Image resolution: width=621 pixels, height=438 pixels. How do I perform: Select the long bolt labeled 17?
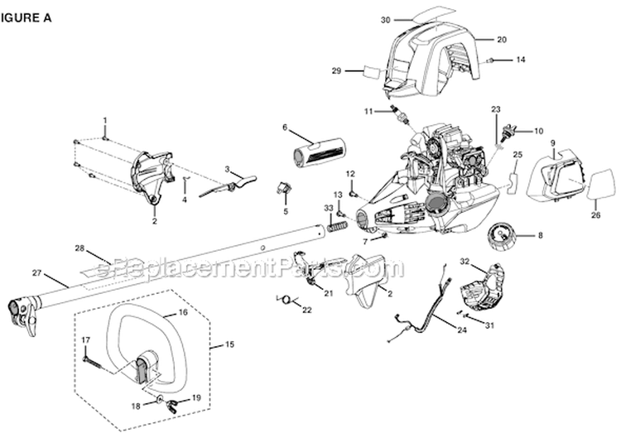click(98, 359)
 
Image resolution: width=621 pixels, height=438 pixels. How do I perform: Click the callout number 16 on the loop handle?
click(184, 315)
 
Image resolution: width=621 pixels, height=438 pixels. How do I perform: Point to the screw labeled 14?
click(493, 60)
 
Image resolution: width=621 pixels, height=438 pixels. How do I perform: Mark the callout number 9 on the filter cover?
click(552, 142)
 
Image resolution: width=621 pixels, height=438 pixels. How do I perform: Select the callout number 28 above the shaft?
click(80, 248)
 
